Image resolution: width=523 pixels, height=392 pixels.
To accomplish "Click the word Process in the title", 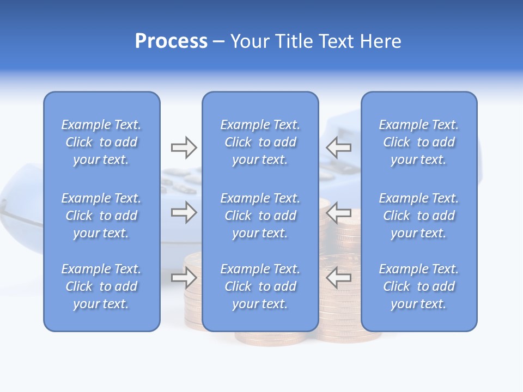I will (171, 41).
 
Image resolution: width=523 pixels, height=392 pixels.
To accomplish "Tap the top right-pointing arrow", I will (184, 147).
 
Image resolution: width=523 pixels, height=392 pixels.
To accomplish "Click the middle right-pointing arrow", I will (184, 212).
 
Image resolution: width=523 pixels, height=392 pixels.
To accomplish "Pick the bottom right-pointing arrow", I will (184, 278).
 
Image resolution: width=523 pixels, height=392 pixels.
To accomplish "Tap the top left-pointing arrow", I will (339, 147).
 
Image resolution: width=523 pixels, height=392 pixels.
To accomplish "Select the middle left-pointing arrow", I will (339, 212).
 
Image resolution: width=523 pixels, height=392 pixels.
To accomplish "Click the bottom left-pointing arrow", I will (339, 278).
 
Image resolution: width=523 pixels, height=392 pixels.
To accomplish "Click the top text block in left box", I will (101, 142).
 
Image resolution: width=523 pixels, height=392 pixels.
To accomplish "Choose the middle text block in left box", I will (101, 216).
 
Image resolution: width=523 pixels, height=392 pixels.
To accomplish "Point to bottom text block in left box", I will (101, 286).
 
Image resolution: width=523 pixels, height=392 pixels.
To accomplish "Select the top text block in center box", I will (260, 142).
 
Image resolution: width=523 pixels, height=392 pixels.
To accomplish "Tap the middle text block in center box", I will (260, 216).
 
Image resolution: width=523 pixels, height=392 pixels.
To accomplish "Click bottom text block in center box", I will (260, 286).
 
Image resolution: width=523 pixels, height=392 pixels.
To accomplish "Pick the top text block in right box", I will (418, 142).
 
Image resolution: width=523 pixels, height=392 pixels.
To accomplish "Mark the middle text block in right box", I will (418, 216).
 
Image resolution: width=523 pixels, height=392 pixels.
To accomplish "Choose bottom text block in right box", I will (418, 286).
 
